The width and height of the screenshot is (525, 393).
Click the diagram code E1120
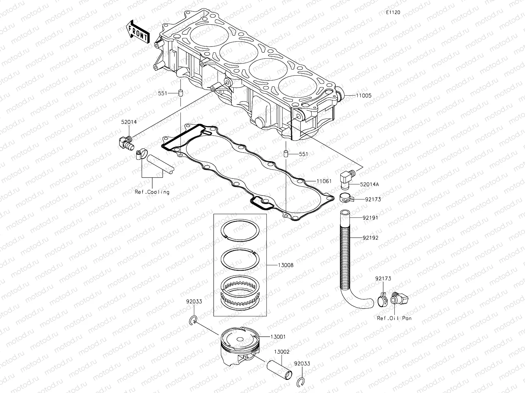coord(393,12)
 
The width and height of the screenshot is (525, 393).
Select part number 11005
coord(363,96)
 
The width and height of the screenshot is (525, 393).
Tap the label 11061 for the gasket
coord(324,181)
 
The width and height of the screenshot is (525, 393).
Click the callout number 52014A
coord(369,184)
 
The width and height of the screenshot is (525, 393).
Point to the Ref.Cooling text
coord(152,192)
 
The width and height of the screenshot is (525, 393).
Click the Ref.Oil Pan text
coord(394,318)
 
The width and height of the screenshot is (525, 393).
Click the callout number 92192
coord(370,238)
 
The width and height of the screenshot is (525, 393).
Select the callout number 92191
coord(370,217)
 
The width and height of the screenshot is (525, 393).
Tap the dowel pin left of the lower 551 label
coord(286,154)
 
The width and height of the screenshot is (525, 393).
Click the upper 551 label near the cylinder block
coord(162,93)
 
